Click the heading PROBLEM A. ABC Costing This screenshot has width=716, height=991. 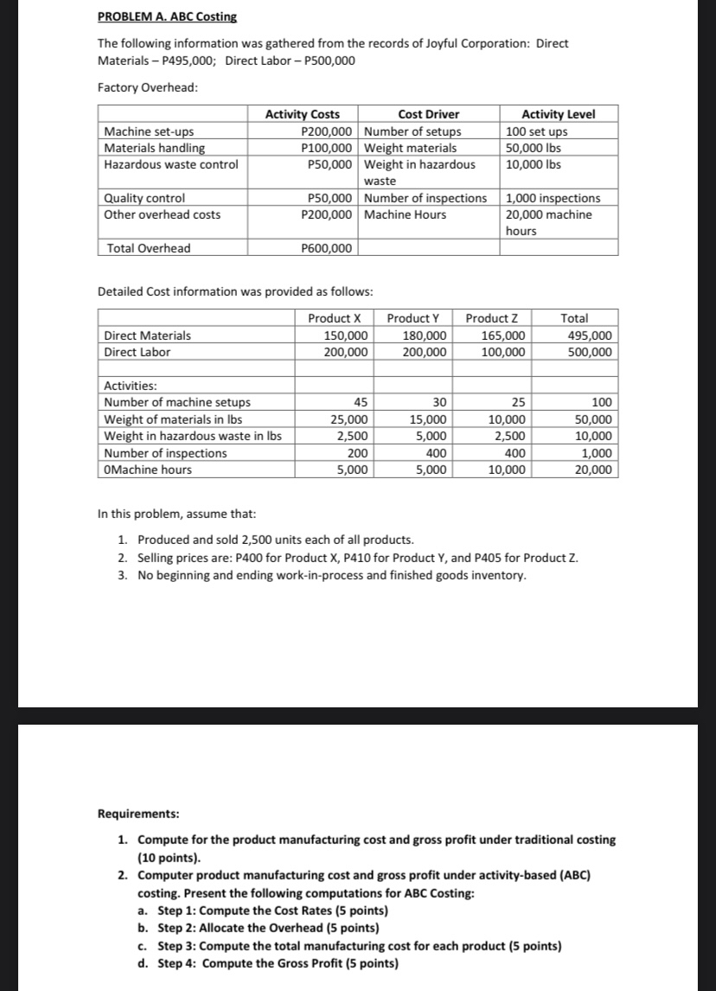pos(167,17)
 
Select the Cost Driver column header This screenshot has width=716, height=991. pos(428,114)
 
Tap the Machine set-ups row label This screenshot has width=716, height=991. pos(149,131)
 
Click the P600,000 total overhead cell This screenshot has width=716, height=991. pos(326,248)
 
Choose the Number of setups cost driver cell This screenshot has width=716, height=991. pos(413,131)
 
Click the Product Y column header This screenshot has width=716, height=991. pos(417,318)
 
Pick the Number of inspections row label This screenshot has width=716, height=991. pos(165,453)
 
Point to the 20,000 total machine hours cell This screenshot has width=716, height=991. pos(592,470)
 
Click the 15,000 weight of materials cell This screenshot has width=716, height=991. pos(427,419)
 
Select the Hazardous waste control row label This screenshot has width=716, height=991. pos(170,164)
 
